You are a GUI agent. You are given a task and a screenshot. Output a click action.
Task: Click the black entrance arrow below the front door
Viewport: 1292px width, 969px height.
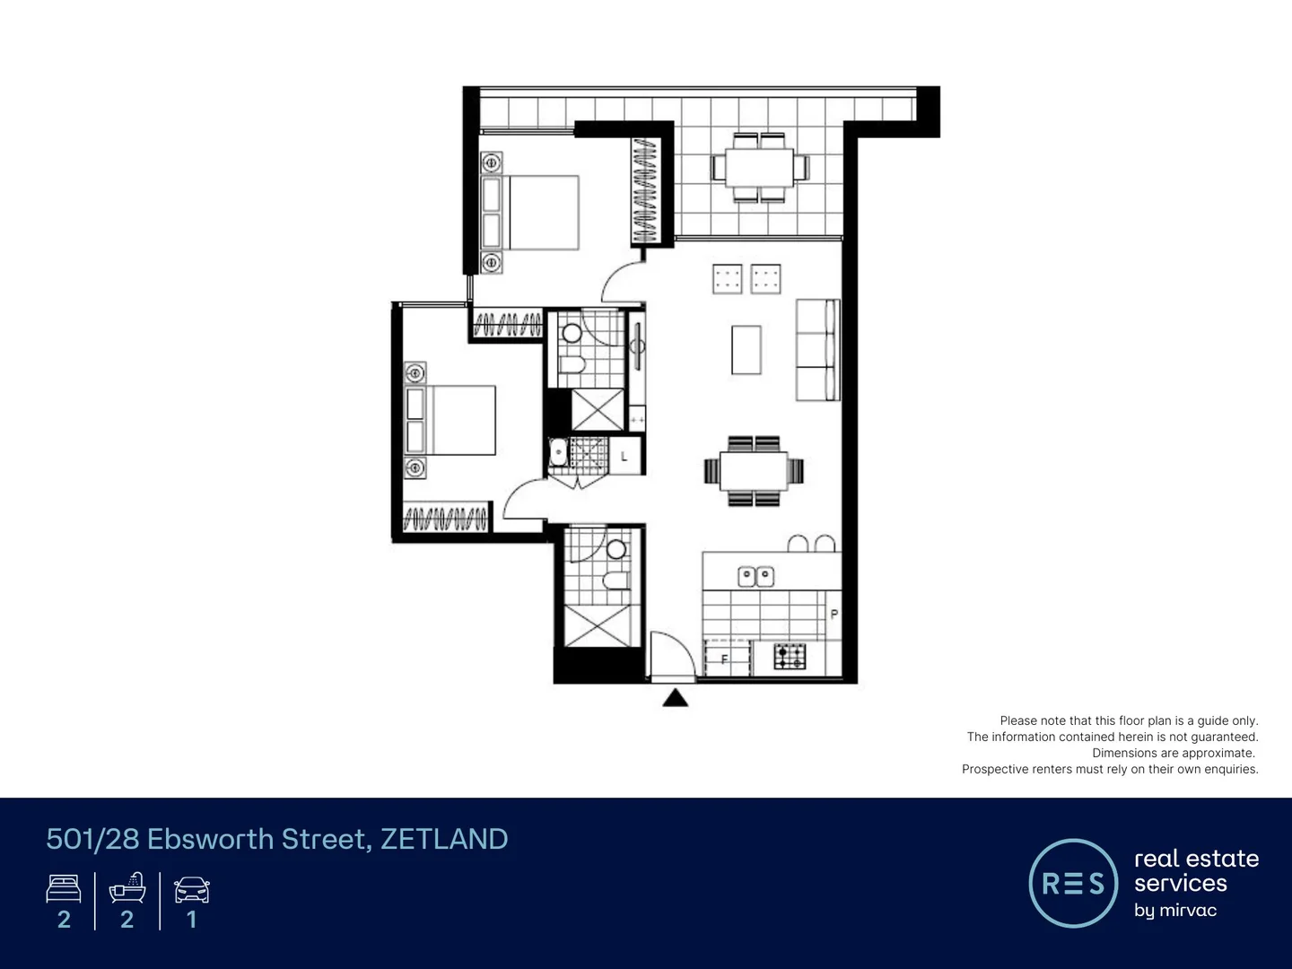[675, 698]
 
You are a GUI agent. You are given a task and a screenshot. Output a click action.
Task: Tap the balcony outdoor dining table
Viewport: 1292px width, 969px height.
[760, 168]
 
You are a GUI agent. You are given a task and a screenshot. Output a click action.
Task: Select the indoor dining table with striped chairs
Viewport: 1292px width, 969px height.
[754, 471]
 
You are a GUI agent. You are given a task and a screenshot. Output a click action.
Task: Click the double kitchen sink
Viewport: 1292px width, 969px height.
[755, 576]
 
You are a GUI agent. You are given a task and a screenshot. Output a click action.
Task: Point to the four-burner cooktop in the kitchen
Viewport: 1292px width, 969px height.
[790, 657]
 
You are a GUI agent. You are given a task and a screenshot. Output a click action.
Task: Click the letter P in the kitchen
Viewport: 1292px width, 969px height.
[834, 615]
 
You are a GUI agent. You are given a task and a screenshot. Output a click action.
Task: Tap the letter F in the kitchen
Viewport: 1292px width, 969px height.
[724, 659]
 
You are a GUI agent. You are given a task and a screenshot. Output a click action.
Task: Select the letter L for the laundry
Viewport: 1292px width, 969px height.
[624, 457]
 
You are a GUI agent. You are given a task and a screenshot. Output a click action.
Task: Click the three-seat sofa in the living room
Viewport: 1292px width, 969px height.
[817, 350]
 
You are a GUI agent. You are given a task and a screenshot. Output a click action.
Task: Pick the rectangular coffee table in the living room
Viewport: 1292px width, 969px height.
[746, 350]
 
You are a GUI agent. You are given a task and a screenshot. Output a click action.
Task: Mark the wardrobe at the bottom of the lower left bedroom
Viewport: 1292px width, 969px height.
[445, 519]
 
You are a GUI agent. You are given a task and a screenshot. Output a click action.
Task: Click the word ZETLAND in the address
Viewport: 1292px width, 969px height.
[444, 839]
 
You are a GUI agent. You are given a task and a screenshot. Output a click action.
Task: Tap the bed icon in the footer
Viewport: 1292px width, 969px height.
[64, 889]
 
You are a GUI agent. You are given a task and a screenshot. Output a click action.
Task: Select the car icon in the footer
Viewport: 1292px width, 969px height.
[191, 889]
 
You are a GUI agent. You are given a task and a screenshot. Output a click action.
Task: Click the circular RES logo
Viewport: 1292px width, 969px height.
[1072, 884]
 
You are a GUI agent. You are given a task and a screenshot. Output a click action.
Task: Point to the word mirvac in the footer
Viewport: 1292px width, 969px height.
[1188, 911]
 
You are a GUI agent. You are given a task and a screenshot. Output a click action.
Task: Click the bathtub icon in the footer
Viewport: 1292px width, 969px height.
[127, 888]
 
